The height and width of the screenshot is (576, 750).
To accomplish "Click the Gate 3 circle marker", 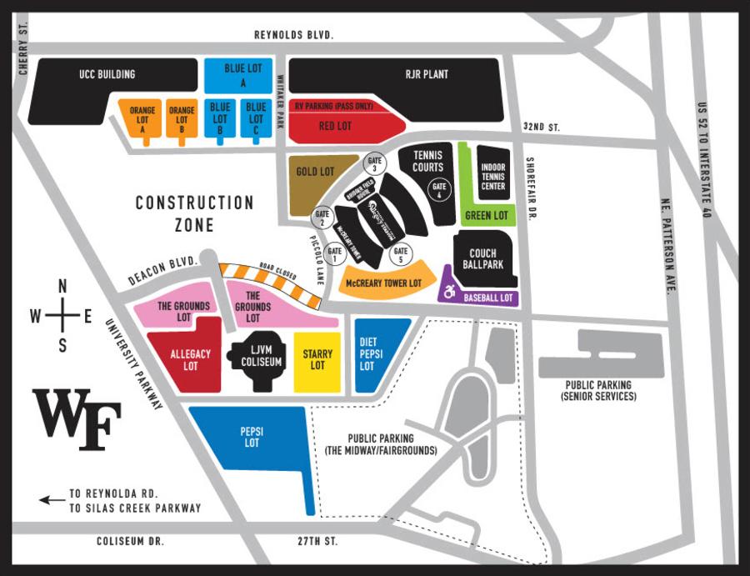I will [x=374, y=163].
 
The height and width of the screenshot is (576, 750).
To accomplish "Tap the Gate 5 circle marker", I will [x=400, y=253].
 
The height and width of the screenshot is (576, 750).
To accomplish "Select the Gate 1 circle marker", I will [x=335, y=253].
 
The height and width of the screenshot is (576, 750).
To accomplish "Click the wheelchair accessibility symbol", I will [x=450, y=293].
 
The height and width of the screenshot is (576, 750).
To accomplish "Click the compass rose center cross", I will [x=62, y=316].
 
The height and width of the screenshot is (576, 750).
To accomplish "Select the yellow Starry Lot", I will [x=317, y=360].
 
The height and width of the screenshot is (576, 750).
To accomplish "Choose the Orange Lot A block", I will [x=142, y=118].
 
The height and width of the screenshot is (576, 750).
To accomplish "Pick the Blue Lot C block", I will [x=255, y=118].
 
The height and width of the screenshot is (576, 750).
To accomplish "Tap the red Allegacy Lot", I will [x=185, y=359].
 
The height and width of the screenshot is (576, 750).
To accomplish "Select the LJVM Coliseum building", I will [x=257, y=361].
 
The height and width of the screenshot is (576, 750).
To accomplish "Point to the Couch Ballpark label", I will [x=482, y=259].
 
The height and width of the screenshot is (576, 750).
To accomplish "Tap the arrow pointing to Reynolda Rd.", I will [x=52, y=500].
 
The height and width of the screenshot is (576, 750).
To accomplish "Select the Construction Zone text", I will [x=194, y=213].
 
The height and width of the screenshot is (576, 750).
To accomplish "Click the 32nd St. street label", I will [x=543, y=127].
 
